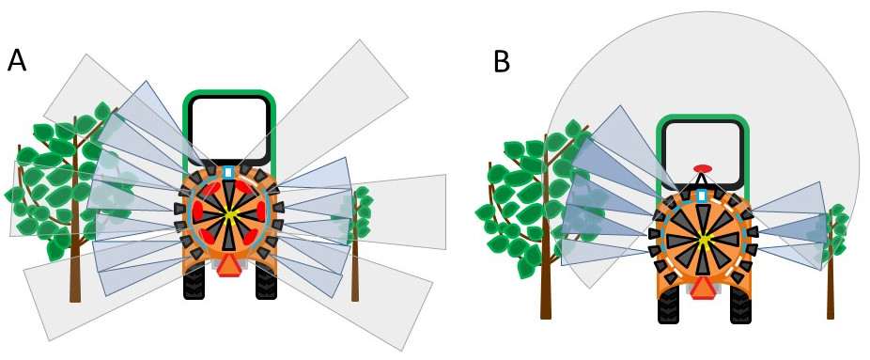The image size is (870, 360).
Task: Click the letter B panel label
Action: click(503, 62)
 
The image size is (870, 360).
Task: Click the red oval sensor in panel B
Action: click(702, 170)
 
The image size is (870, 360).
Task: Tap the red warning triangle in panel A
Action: click(229, 266)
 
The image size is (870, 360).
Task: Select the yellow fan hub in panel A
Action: click(229, 216)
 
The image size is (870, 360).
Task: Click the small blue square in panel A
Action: click(229, 172)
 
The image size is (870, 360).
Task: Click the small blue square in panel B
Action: click(703, 195)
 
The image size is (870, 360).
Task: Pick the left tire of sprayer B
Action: click(669, 303)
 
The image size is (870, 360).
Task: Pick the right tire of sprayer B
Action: click(740, 303)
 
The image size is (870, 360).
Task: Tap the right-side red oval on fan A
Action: click(259, 216)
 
